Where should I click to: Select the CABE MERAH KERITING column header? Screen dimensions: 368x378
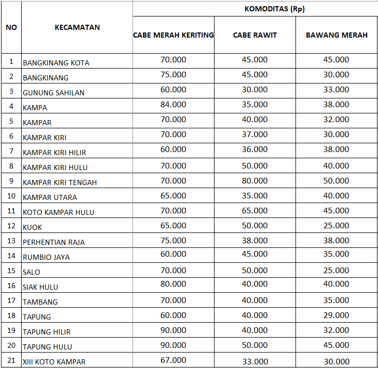click(x=173, y=35)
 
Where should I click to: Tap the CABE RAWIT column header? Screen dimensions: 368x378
click(x=255, y=35)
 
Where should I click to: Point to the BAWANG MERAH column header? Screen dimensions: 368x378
click(x=336, y=35)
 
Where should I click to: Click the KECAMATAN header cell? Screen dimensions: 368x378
click(x=77, y=27)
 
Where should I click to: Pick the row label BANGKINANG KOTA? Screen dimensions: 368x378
click(x=56, y=63)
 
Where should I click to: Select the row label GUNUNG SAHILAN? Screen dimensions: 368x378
click(x=54, y=93)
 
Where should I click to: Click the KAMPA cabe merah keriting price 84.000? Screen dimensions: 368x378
click(x=173, y=105)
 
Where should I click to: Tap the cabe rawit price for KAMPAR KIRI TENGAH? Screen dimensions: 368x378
click(x=255, y=181)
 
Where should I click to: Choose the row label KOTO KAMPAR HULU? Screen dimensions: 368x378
click(x=58, y=212)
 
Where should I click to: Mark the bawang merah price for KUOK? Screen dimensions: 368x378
click(x=336, y=226)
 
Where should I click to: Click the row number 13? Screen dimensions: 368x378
click(x=11, y=241)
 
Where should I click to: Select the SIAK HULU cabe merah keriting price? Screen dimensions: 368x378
click(x=173, y=284)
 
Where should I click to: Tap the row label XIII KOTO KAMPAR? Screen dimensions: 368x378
click(x=54, y=362)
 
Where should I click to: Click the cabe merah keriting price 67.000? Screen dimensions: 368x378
click(x=173, y=360)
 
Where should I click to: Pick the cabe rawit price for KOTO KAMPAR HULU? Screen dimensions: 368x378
click(x=255, y=211)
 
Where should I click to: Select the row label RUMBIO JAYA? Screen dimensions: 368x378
click(x=46, y=257)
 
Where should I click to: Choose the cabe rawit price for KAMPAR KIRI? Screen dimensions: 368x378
click(x=255, y=135)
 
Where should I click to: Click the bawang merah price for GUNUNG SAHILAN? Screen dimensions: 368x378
click(x=336, y=90)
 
